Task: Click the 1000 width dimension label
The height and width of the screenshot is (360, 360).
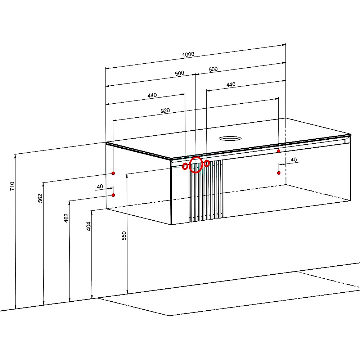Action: [188, 54]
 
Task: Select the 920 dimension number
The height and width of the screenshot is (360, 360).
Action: [165, 111]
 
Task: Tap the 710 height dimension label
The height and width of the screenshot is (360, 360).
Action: [12, 186]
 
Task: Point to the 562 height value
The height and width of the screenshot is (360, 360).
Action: [40, 198]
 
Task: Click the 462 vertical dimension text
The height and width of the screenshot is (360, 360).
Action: [66, 218]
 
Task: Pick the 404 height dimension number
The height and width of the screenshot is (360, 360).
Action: [89, 226]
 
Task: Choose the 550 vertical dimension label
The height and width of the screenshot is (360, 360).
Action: [124, 236]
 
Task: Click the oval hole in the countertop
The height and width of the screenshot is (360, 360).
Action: [230, 139]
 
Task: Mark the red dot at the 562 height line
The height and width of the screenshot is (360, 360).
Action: [113, 174]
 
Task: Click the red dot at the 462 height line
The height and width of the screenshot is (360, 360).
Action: [113, 195]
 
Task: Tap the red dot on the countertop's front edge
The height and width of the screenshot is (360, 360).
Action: [279, 151]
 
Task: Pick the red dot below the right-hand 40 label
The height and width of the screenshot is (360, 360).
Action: [279, 173]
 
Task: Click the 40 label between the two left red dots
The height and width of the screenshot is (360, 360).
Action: [100, 186]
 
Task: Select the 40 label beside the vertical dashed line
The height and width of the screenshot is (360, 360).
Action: [294, 159]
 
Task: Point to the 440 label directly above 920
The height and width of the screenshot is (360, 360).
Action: [152, 95]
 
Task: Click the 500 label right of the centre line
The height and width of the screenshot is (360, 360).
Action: [213, 69]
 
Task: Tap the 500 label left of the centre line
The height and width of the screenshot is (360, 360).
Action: [179, 73]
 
